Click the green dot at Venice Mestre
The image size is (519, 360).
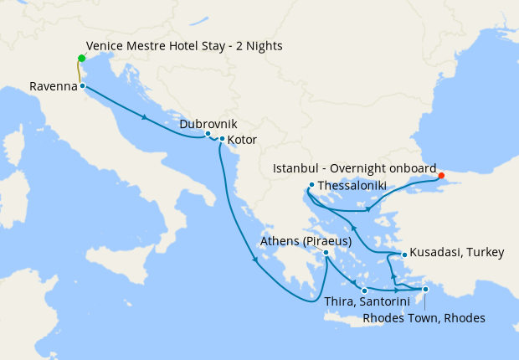click(x=81, y=58)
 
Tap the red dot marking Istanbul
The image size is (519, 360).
click(x=441, y=176)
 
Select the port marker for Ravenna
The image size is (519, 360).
click(x=82, y=86)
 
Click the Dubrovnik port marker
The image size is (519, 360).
click(x=208, y=134)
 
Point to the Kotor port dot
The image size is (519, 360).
click(x=221, y=139)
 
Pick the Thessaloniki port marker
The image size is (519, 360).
click(x=311, y=185)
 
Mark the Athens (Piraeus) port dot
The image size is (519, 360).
click(x=326, y=252)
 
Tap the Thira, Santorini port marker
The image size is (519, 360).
click(x=364, y=291)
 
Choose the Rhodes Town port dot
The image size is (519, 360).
click(x=425, y=290)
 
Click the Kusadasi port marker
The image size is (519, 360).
click(x=403, y=254)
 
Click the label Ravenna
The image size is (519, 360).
click(x=53, y=86)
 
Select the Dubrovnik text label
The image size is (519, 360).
click(x=208, y=123)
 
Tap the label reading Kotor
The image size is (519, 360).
click(x=242, y=140)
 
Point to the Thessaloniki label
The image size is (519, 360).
click(x=356, y=185)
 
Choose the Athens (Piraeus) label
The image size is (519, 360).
click(x=305, y=241)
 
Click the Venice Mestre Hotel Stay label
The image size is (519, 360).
click(x=184, y=46)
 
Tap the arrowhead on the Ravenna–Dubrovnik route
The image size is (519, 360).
click(x=146, y=116)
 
